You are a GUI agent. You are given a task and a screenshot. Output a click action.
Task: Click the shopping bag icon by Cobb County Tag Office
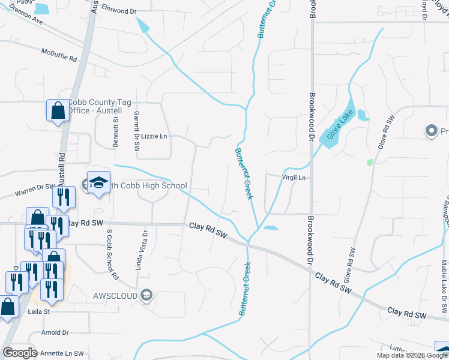(x=58, y=110)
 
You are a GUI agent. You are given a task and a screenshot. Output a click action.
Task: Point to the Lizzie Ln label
(x=154, y=136)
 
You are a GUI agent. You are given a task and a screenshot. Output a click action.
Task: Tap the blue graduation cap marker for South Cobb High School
(x=98, y=182)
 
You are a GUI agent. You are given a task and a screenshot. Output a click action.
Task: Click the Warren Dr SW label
(x=34, y=191)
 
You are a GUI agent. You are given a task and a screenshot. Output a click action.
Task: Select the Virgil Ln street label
(x=294, y=178)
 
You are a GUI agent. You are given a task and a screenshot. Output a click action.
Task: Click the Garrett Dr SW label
(x=136, y=129)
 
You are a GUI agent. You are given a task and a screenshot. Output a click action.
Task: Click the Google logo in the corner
(x=20, y=353)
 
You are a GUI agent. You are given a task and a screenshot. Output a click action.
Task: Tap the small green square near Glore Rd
(x=369, y=162)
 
